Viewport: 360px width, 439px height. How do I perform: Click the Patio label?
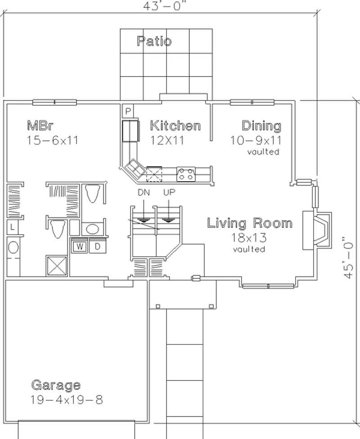(154, 41)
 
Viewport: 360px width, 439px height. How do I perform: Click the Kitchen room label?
(175, 125)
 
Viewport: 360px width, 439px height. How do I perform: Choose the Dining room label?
(261, 125)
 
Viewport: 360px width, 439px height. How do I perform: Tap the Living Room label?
(249, 223)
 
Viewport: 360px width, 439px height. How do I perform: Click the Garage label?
(56, 385)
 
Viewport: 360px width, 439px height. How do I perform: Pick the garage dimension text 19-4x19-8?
(67, 399)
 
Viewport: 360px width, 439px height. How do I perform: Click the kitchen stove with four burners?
(185, 174)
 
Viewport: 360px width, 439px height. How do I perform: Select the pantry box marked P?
(127, 111)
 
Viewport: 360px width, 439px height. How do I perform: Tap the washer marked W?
(79, 246)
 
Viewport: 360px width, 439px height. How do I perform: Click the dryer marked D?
(97, 246)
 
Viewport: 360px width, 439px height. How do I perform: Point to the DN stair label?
(144, 192)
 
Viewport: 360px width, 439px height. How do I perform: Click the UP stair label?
(169, 192)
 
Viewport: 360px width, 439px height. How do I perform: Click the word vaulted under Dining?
(263, 152)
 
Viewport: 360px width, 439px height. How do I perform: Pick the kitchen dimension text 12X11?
(167, 140)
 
